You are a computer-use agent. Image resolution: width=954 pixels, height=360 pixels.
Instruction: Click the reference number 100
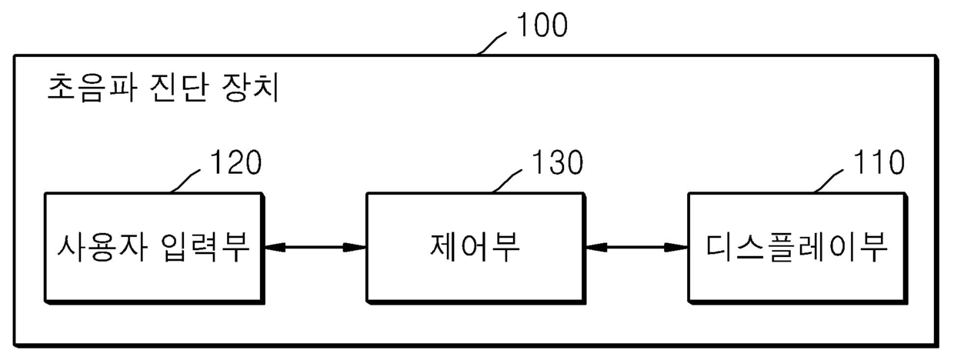tap(542, 26)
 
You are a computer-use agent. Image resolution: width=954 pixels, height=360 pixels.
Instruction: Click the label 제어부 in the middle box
tap(474, 248)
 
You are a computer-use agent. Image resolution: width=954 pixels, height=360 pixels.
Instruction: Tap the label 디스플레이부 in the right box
tap(797, 248)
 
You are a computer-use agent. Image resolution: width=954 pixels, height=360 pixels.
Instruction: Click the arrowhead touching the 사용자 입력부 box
tap(272, 247)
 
